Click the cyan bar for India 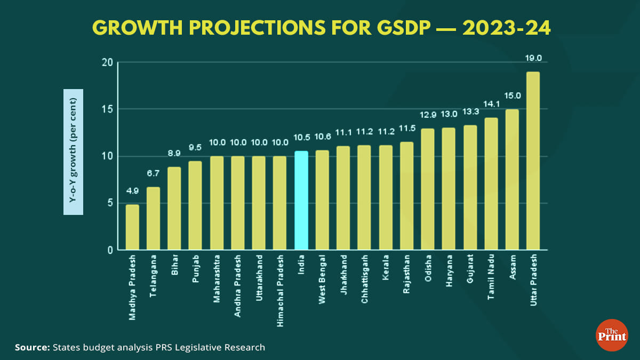pos(301,201)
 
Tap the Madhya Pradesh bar pos(132,227)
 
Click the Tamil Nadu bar pos(491,184)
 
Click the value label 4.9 pos(132,190)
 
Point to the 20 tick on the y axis pos(107,62)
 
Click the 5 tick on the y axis pos(110,203)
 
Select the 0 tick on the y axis pos(110,250)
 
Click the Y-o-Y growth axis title pos(73,152)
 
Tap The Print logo pos(611,335)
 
